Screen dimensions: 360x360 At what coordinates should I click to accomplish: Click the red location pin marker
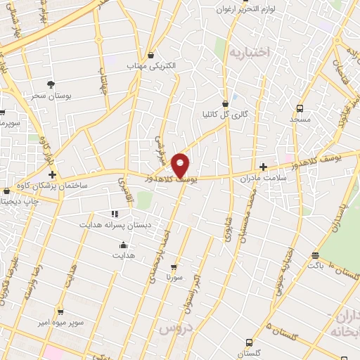coord(181,165)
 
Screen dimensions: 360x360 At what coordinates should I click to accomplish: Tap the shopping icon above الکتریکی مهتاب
coord(150,55)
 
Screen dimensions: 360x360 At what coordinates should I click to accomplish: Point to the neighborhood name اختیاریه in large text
coord(252,52)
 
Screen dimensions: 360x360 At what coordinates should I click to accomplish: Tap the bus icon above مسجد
coord(300,108)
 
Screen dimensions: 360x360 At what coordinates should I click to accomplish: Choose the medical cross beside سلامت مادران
coord(263,167)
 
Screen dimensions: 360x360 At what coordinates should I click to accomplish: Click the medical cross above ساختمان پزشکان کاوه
coord(52,173)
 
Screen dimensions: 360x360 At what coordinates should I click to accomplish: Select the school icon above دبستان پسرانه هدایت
coord(115,214)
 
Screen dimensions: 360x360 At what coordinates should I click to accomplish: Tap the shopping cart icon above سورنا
coord(174,266)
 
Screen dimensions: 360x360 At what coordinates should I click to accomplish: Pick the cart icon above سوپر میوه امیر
coord(60,311)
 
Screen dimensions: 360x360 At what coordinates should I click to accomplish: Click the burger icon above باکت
coord(316,255)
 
